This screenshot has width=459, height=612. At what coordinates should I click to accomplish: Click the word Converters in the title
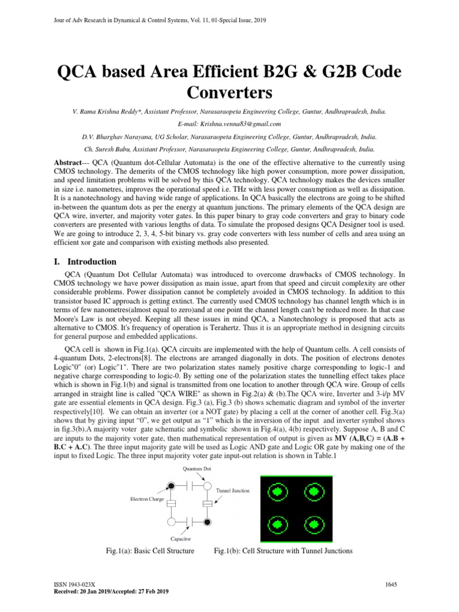click(x=229, y=93)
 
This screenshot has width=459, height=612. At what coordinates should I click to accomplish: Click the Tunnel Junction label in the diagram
click(x=232, y=491)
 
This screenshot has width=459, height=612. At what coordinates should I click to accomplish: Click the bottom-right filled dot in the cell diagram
click(x=207, y=522)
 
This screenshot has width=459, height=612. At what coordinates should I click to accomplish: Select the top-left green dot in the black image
click(x=276, y=492)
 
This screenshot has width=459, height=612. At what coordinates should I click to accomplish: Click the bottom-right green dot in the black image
click(x=312, y=525)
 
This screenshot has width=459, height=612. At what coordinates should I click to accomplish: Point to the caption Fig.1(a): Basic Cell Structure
click(x=149, y=550)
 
